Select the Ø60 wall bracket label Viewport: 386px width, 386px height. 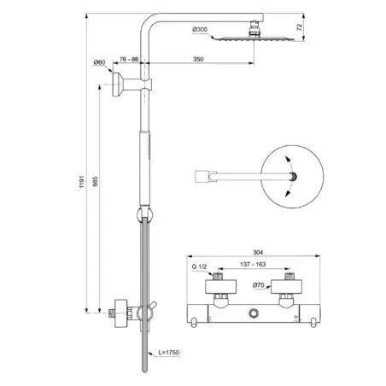click(x=99, y=62)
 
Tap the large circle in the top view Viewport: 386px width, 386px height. click(x=294, y=175)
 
